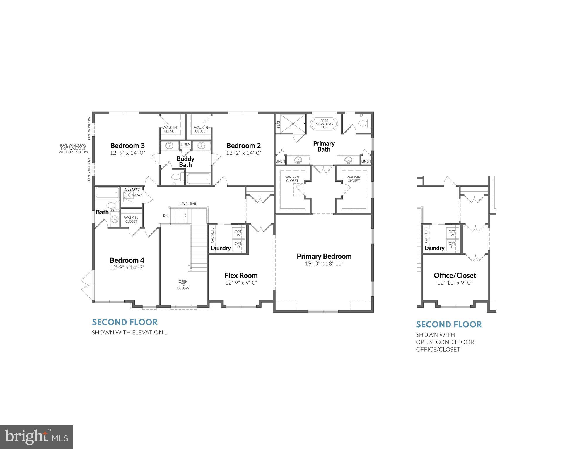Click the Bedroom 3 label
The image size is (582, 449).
point(127,146)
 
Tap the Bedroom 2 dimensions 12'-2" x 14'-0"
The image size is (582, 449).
point(243,153)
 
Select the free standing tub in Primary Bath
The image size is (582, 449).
point(324,124)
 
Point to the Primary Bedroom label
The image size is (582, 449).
point(324,256)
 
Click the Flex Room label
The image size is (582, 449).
point(241,275)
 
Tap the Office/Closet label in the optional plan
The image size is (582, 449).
point(455,275)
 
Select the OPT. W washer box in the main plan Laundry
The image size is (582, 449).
point(238,233)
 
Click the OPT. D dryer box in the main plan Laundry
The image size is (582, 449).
point(238,245)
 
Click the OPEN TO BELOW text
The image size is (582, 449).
point(183,285)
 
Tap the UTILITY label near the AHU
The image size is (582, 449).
point(132,190)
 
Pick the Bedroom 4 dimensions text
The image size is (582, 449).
point(127,268)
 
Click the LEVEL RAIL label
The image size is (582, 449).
point(188,204)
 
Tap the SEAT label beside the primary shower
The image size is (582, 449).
point(279,124)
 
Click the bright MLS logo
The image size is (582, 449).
point(36,437)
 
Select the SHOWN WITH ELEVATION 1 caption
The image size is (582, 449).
point(129,333)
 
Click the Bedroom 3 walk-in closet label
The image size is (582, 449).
point(170,129)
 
